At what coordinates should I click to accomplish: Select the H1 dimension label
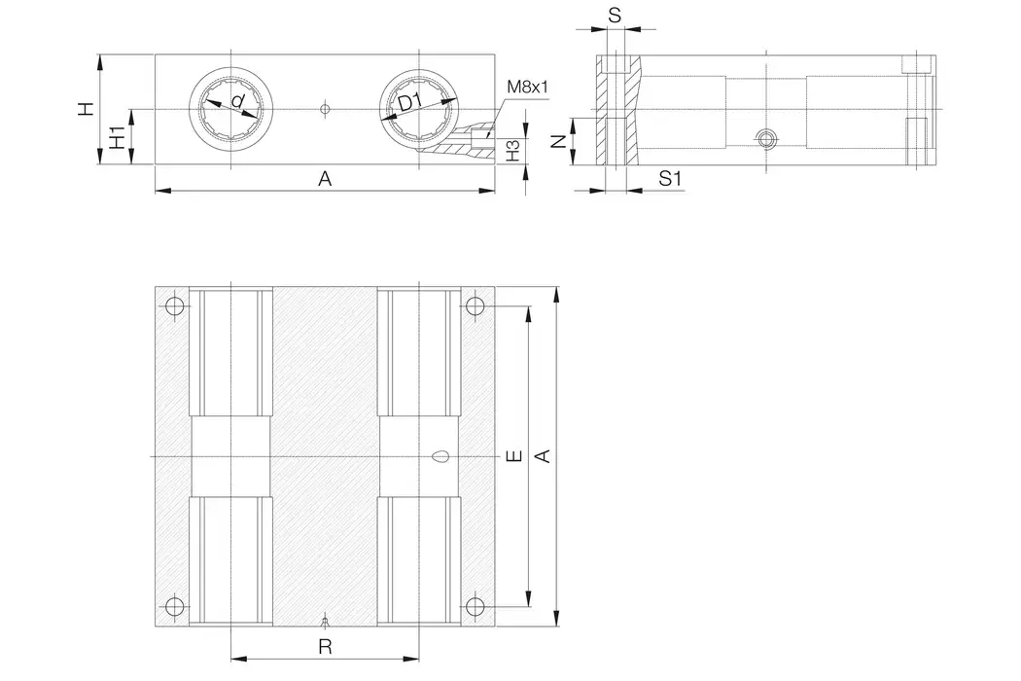point(116,137)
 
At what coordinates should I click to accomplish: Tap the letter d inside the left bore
point(237,102)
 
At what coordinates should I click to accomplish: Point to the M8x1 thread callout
point(528,88)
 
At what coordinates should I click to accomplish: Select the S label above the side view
point(613,17)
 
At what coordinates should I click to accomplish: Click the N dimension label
point(558,141)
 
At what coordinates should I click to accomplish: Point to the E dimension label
point(513,455)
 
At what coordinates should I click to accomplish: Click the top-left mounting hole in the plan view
point(174,306)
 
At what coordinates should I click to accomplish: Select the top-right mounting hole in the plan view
point(475,306)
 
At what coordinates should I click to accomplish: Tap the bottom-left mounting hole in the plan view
point(174,607)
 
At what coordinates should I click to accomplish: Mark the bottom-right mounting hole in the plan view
point(475,607)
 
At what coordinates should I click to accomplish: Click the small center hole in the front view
point(325,109)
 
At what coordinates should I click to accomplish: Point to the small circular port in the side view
point(767,138)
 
